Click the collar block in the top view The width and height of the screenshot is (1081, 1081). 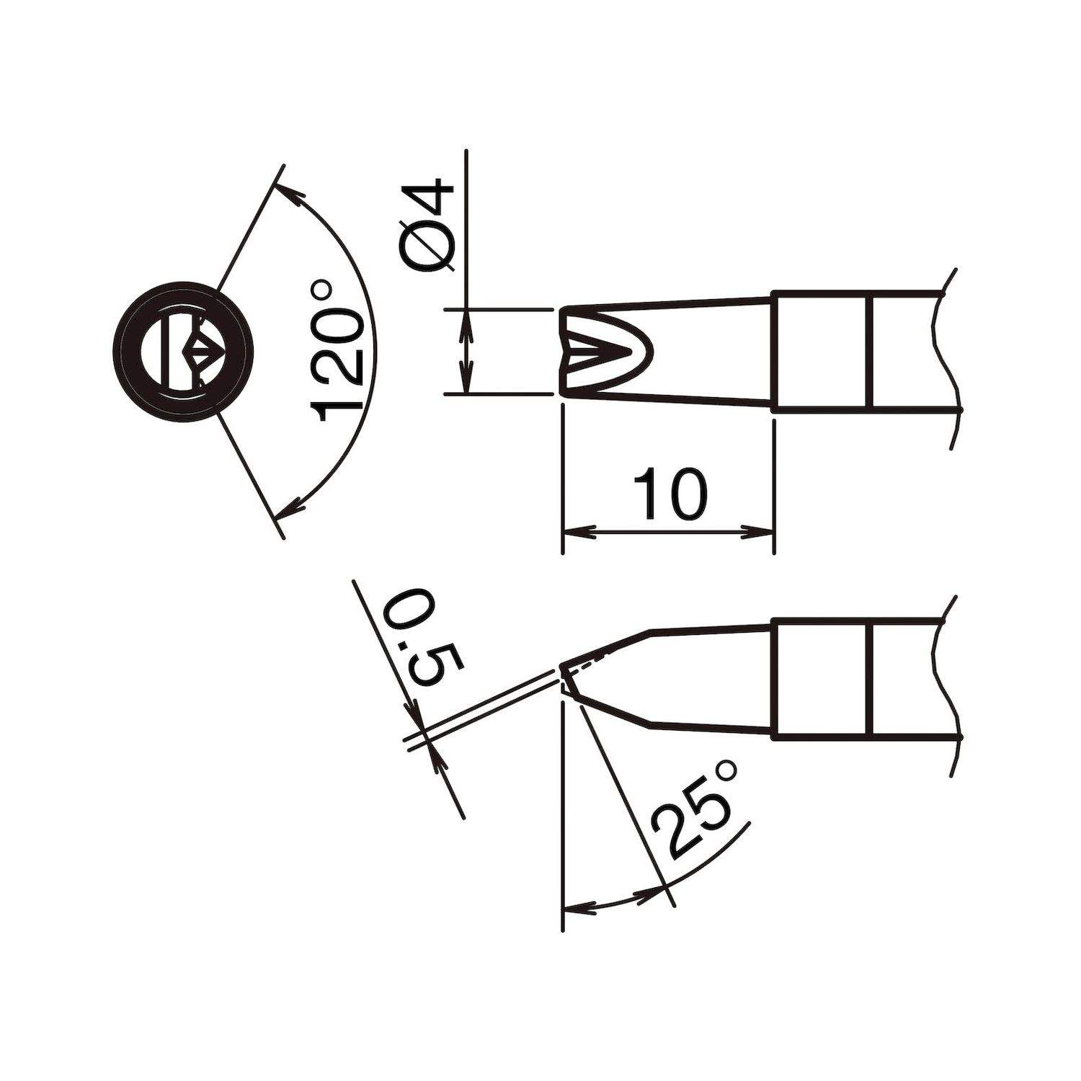click(822, 352)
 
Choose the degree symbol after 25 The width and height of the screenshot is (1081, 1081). click(726, 772)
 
